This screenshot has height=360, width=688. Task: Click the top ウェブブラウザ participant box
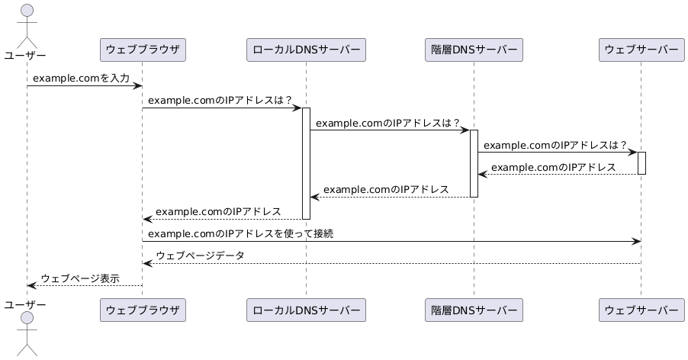click(x=143, y=50)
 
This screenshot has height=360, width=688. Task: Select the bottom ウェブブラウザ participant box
click(x=143, y=310)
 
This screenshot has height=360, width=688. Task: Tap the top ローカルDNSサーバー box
click(x=306, y=50)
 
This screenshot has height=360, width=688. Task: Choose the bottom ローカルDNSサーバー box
click(x=306, y=310)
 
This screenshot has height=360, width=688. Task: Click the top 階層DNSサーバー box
click(x=474, y=50)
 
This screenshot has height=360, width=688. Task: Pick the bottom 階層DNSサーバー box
click(x=474, y=310)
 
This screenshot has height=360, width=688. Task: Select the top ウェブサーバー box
click(x=641, y=50)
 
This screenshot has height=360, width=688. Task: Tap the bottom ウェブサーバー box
click(x=641, y=310)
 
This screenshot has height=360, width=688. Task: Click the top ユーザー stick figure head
click(x=27, y=11)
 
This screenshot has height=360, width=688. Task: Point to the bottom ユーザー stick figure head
click(x=27, y=317)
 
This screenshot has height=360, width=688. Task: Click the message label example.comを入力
click(x=81, y=79)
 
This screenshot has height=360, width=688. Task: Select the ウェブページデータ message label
click(x=200, y=256)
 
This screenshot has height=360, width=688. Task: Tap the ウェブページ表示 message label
click(x=79, y=278)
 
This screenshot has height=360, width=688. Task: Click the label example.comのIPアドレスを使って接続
click(x=240, y=233)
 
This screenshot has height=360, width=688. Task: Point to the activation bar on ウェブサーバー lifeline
click(x=641, y=162)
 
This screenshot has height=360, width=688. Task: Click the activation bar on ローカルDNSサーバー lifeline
click(x=306, y=162)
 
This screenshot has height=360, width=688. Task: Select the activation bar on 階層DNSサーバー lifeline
click(x=474, y=162)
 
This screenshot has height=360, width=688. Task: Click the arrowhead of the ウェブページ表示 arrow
click(x=31, y=285)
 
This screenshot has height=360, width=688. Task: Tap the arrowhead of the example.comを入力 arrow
click(x=138, y=85)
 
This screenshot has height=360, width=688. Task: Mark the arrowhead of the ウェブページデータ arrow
click(x=146, y=263)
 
